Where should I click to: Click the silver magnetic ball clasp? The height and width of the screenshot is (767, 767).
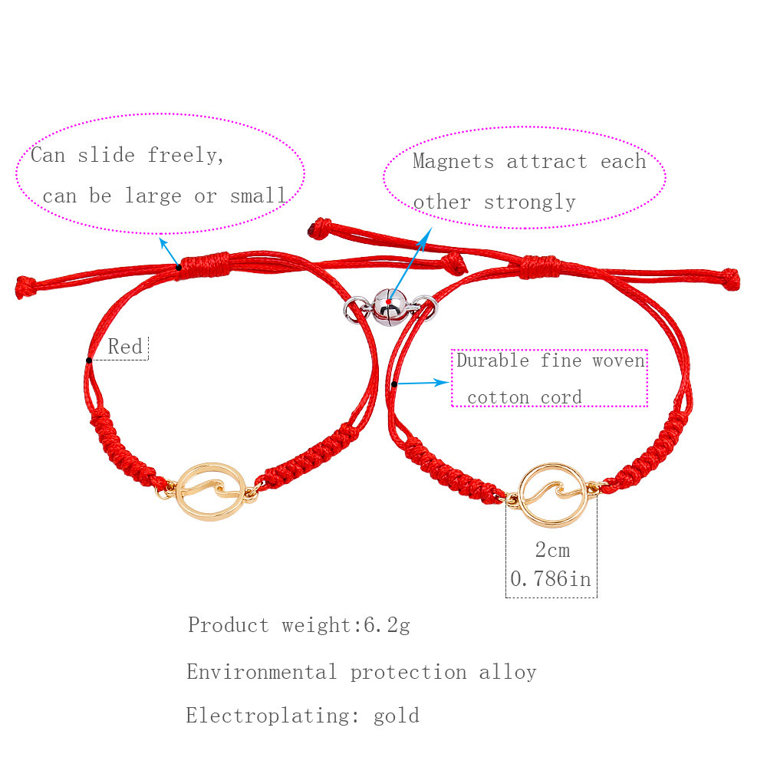pyautogui.click(x=390, y=308)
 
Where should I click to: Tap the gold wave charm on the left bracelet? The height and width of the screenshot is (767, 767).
pyautogui.click(x=210, y=491)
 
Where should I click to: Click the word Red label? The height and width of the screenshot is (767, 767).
pyautogui.click(x=125, y=347)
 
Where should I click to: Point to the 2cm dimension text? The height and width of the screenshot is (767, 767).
pyautogui.click(x=552, y=550)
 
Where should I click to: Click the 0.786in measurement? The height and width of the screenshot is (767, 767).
pyautogui.click(x=550, y=578)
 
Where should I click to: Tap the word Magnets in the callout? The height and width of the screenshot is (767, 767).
pyautogui.click(x=453, y=161)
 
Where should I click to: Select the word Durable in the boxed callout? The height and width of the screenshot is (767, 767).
pyautogui.click(x=492, y=360)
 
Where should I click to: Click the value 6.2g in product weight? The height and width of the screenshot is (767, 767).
pyautogui.click(x=387, y=626)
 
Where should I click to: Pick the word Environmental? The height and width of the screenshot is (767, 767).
pyautogui.click(x=262, y=672)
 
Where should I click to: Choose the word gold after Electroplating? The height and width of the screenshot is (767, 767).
pyautogui.click(x=397, y=716)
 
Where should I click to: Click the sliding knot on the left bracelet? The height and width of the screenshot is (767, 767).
pyautogui.click(x=205, y=265)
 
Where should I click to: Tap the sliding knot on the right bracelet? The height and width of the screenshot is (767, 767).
pyautogui.click(x=540, y=267)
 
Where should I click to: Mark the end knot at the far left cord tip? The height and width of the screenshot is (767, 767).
pyautogui.click(x=26, y=287)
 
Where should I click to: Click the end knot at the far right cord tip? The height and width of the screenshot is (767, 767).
pyautogui.click(x=730, y=279)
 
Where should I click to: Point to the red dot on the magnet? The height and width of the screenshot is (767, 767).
pyautogui.click(x=389, y=301)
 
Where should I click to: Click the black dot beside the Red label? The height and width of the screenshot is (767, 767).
pyautogui.click(x=88, y=360)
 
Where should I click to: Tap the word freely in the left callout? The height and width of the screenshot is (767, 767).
pyautogui.click(x=186, y=156)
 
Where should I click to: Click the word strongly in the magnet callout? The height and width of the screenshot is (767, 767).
pyautogui.click(x=530, y=202)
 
